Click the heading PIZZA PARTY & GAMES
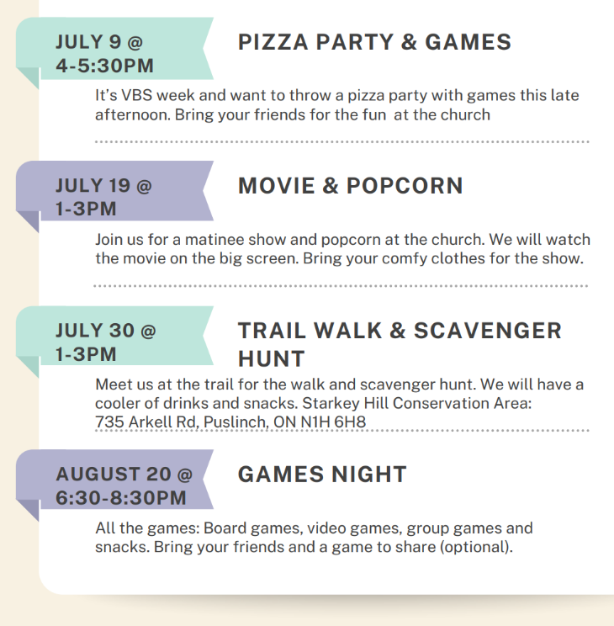coord(374,42)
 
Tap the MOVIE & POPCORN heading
coord(351,186)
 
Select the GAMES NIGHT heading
coord(322,474)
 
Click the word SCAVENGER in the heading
coord(488,331)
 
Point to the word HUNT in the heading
coord(272,358)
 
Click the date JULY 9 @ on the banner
coord(99,41)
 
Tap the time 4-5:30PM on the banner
coord(104,66)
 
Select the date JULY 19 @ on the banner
coord(103,185)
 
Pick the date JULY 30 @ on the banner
coord(105,330)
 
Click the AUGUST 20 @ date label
coord(124,474)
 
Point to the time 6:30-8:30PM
coord(121,497)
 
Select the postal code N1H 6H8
coord(333,422)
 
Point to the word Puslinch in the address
coord(236,422)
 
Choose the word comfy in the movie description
coord(405,258)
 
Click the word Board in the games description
coord(225,528)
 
